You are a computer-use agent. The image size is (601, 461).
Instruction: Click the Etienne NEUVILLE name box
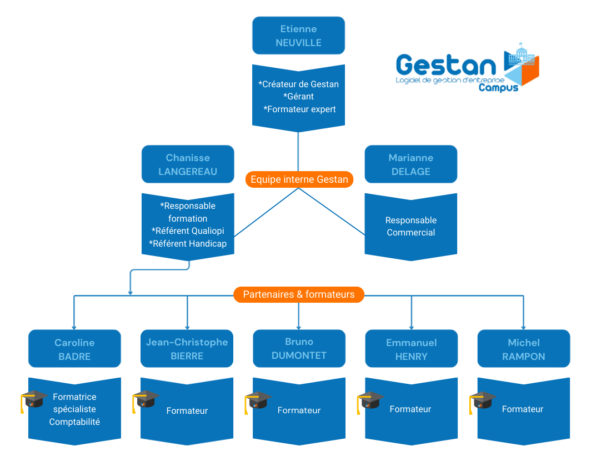click(x=298, y=36)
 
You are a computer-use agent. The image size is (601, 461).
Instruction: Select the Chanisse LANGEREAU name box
click(x=188, y=164)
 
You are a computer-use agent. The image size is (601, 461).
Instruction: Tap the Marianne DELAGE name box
click(x=410, y=164)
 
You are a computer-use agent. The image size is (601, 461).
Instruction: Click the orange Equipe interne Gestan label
click(x=299, y=179)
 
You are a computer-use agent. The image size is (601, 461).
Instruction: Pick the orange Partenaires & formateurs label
click(x=299, y=294)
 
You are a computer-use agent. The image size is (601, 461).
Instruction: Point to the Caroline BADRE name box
click(x=74, y=349)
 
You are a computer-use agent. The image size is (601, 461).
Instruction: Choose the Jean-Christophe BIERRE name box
click(x=187, y=349)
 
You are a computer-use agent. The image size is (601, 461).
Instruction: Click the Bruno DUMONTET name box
click(x=299, y=348)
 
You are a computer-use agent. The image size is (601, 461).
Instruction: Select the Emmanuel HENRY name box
click(x=411, y=349)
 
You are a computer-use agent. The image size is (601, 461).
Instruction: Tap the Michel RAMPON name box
click(x=523, y=349)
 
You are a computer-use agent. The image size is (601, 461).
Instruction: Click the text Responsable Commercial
click(x=411, y=227)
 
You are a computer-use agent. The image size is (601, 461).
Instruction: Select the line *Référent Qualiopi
click(x=188, y=231)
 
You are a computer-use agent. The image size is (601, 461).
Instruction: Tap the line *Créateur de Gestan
click(x=299, y=84)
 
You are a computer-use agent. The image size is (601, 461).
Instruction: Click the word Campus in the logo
click(x=498, y=87)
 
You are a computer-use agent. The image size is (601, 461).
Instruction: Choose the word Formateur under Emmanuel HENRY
click(x=410, y=409)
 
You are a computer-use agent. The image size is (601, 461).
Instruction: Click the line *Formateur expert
click(x=299, y=109)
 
